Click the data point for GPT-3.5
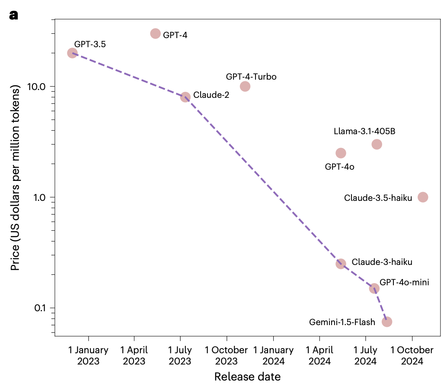[x=72, y=53]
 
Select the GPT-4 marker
[x=156, y=33]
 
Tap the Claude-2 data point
[x=185, y=97]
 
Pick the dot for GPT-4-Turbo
[x=245, y=86]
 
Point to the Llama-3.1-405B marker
[x=377, y=144]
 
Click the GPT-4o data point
[x=341, y=153]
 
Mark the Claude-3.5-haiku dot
[x=423, y=197]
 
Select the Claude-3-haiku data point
[x=341, y=264]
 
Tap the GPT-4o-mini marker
[x=374, y=288]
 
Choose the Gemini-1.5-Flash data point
[x=387, y=322]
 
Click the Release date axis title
[x=247, y=376]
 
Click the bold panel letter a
[x=14, y=16]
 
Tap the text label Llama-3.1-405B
[x=364, y=132]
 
